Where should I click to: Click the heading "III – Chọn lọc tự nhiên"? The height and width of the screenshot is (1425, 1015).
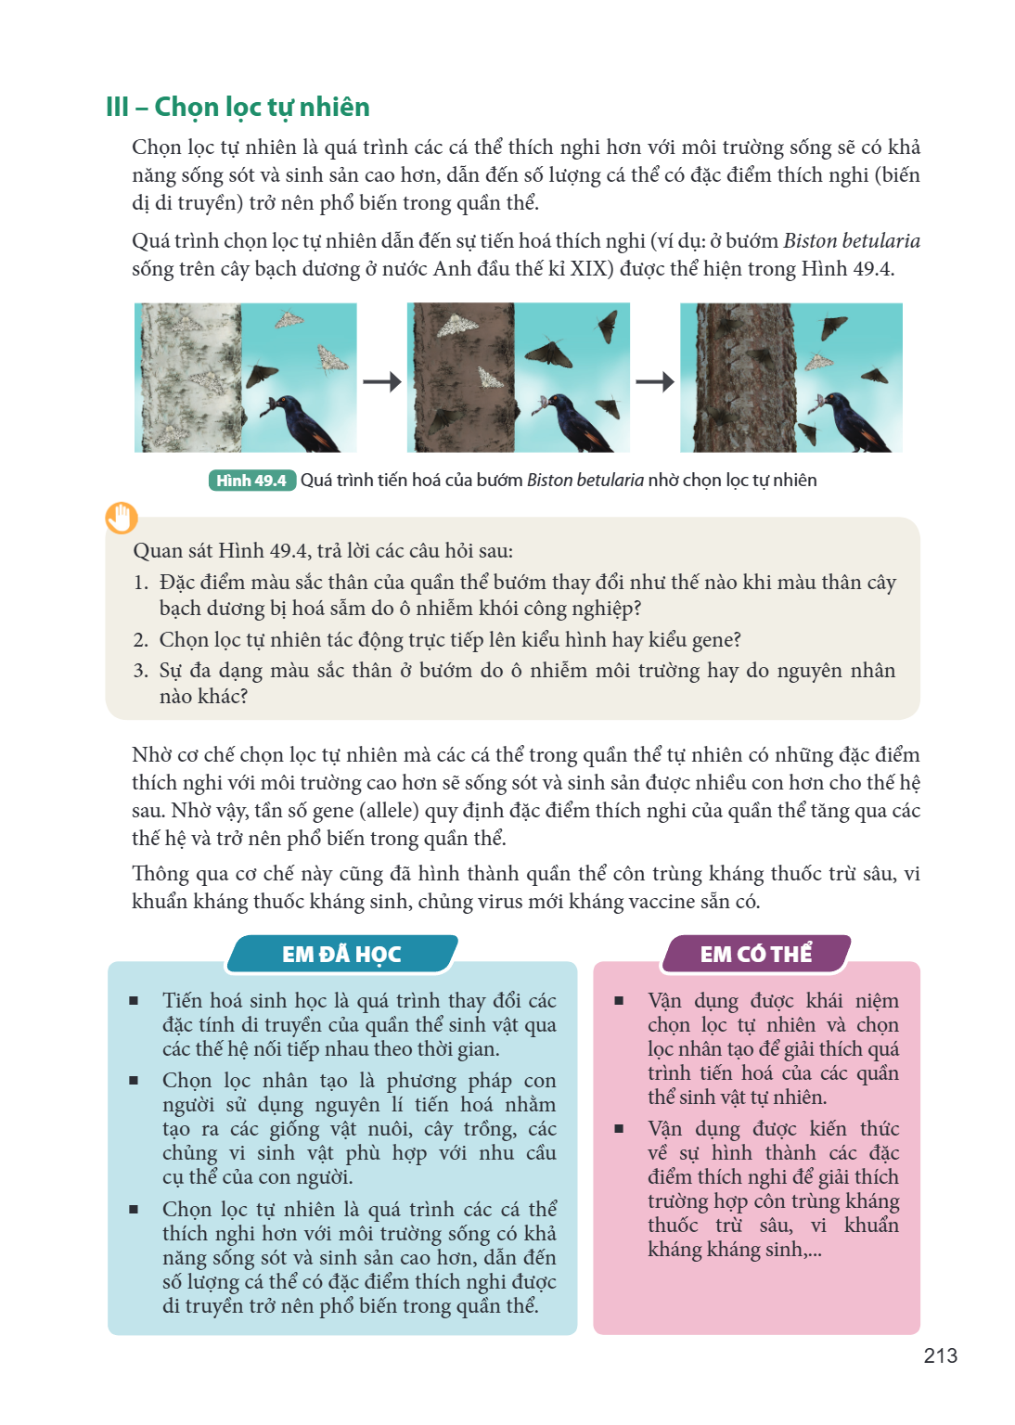point(238,108)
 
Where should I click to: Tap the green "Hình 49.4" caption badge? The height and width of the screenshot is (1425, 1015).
point(252,481)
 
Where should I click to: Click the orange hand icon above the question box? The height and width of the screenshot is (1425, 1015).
point(122,518)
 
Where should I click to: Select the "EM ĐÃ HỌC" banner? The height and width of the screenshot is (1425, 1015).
point(341,955)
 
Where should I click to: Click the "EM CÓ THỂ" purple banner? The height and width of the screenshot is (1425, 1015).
point(756,955)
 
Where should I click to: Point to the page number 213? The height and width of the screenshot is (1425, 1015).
point(941,1356)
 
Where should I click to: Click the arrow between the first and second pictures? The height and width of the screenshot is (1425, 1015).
point(382,381)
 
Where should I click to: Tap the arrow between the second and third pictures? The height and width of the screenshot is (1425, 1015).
point(655,381)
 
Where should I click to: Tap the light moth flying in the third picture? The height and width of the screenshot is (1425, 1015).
point(819,361)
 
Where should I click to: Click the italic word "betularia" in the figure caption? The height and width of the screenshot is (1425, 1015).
point(610,481)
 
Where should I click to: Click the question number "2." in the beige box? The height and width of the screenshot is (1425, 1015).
point(141,640)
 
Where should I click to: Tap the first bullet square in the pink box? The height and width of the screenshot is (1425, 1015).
point(619,1001)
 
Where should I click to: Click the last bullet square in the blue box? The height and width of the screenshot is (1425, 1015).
point(134,1210)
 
